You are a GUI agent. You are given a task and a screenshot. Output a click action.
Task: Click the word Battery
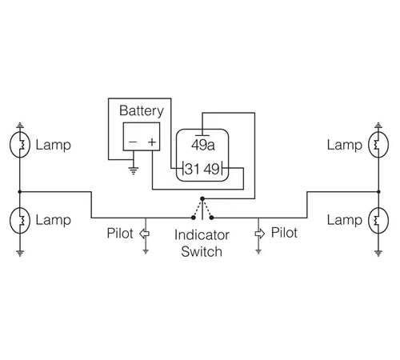point(142,111)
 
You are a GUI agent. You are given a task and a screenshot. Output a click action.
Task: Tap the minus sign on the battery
point(133,142)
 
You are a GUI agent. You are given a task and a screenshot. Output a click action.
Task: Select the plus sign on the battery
point(152,142)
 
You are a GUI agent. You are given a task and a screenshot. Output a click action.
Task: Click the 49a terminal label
point(203,145)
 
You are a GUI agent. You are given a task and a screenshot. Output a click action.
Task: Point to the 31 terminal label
point(192,169)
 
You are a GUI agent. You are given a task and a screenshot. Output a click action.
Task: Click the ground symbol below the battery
point(134,170)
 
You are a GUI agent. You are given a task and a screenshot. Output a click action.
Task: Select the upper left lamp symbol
point(20,145)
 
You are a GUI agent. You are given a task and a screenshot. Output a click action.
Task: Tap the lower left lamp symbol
point(20,220)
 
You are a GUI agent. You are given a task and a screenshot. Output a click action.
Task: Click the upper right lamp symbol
point(378,145)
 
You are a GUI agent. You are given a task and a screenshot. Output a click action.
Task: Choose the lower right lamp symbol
point(378,220)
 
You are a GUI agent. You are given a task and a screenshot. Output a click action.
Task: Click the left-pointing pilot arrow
point(144,234)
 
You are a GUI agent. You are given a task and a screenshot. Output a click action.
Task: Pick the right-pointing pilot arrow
point(260,234)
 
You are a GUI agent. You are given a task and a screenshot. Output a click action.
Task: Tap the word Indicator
point(202,235)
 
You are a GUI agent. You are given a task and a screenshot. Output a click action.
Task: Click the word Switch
point(202,252)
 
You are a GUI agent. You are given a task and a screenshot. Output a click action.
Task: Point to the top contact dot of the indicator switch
point(202,198)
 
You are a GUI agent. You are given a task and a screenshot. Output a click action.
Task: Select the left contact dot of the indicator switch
point(194,218)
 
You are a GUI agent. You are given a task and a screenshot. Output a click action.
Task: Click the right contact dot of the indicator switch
point(211,218)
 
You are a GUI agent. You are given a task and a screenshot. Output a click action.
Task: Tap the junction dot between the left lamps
point(20,192)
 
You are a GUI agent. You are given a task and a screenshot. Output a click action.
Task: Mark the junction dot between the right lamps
point(378,192)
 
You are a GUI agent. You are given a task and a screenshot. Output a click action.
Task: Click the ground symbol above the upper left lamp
point(20,126)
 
